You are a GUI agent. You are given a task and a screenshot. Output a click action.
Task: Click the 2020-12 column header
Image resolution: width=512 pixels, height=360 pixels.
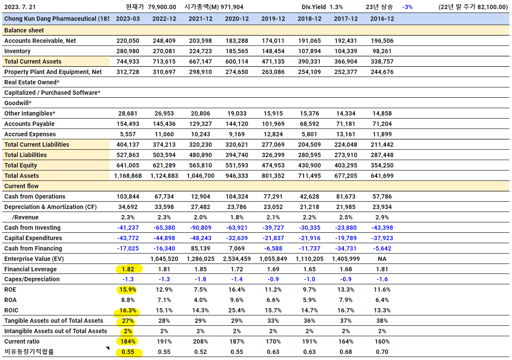[x=237, y=19]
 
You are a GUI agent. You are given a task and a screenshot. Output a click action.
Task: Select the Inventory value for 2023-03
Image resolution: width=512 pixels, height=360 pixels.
[x=128, y=51]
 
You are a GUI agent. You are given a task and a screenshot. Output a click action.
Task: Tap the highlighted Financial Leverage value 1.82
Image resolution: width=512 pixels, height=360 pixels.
[x=128, y=269]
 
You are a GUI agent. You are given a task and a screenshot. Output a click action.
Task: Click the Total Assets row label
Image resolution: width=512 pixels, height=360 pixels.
[x=22, y=175]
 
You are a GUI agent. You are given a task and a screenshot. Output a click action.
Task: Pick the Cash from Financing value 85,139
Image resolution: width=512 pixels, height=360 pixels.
[x=201, y=248]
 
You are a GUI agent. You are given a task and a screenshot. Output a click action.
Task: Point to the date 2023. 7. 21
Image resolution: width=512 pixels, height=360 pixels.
[x=20, y=7]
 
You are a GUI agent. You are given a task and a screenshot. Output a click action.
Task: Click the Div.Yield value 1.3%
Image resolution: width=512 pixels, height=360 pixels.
[x=336, y=7]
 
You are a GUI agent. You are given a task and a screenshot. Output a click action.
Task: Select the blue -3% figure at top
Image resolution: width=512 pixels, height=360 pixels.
[x=407, y=7]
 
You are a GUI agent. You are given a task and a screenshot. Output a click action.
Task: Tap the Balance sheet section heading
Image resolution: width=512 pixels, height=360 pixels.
[x=24, y=30]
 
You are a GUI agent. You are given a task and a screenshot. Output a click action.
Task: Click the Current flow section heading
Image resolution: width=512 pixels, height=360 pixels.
[x=22, y=186]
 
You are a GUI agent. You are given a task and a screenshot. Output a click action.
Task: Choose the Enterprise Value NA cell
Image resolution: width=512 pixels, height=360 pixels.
[x=382, y=259]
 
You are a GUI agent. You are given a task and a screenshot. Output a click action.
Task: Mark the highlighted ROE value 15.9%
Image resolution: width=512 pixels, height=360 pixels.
[x=128, y=289]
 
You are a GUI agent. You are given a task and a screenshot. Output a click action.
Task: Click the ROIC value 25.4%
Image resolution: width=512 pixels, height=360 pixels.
[x=237, y=310]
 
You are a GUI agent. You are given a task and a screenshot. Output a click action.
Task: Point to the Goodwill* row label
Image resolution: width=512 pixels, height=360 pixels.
[x=18, y=103]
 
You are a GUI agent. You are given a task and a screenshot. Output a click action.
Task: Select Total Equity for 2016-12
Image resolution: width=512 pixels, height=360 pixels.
[x=382, y=165]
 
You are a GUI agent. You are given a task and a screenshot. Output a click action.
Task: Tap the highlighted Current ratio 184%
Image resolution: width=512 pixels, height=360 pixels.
[x=128, y=341]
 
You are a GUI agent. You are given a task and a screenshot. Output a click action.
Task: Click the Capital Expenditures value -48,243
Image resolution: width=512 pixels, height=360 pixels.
[x=201, y=238]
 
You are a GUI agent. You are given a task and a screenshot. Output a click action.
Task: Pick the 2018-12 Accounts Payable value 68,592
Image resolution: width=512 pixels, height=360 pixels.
[x=310, y=124]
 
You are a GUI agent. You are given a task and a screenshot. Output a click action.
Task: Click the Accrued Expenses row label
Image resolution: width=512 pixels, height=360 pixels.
[x=30, y=134]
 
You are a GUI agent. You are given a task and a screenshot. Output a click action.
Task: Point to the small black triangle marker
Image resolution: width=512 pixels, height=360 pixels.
[x=108, y=349]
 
